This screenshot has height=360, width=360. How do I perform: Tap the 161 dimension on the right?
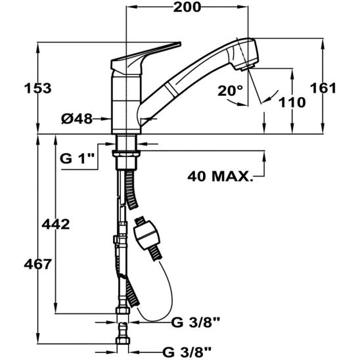(x=342, y=88)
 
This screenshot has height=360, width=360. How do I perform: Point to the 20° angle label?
(x=230, y=91)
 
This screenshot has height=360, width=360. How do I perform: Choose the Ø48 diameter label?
(x=76, y=119)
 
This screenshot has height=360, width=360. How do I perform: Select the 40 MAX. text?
(x=220, y=176)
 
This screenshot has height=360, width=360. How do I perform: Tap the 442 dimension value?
(x=55, y=225)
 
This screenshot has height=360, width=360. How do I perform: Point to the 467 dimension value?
(x=19, y=264)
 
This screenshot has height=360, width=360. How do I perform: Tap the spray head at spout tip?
(x=244, y=55)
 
